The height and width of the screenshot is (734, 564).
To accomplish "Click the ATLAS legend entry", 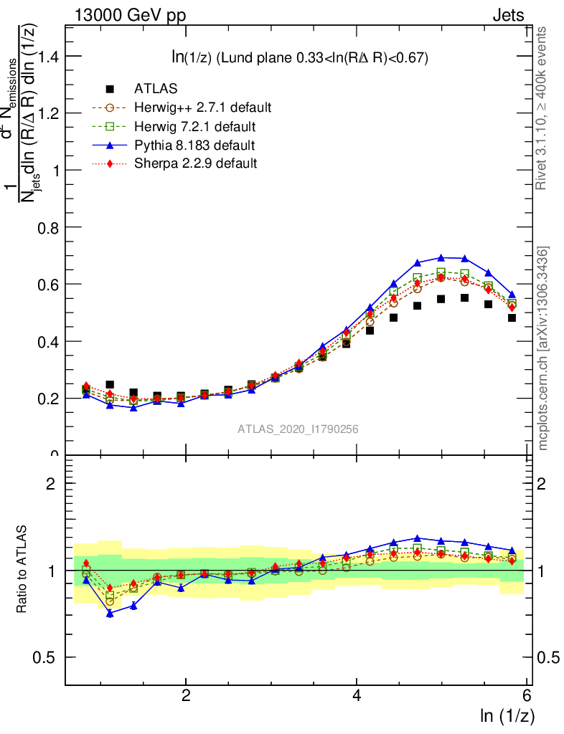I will pyautogui.click(x=156, y=89).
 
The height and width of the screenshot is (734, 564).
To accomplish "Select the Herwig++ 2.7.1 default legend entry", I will pyautogui.click(x=202, y=108).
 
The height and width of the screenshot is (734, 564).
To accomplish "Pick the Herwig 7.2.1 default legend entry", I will pyautogui.click(x=194, y=127).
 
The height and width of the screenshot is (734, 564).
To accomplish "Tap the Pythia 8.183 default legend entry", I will pyautogui.click(x=194, y=146).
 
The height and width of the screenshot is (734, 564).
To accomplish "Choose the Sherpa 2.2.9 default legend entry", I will pyautogui.click(x=195, y=163).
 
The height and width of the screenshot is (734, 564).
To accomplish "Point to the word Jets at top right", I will pyautogui.click(x=507, y=16).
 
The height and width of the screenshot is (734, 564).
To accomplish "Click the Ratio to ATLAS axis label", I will pyautogui.click(x=24, y=570).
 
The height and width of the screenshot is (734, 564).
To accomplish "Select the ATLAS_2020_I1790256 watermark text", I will pyautogui.click(x=298, y=429).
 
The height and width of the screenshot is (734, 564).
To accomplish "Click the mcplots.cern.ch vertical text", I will pyautogui.click(x=543, y=348).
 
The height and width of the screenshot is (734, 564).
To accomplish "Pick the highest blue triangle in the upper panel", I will pyautogui.click(x=441, y=257).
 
